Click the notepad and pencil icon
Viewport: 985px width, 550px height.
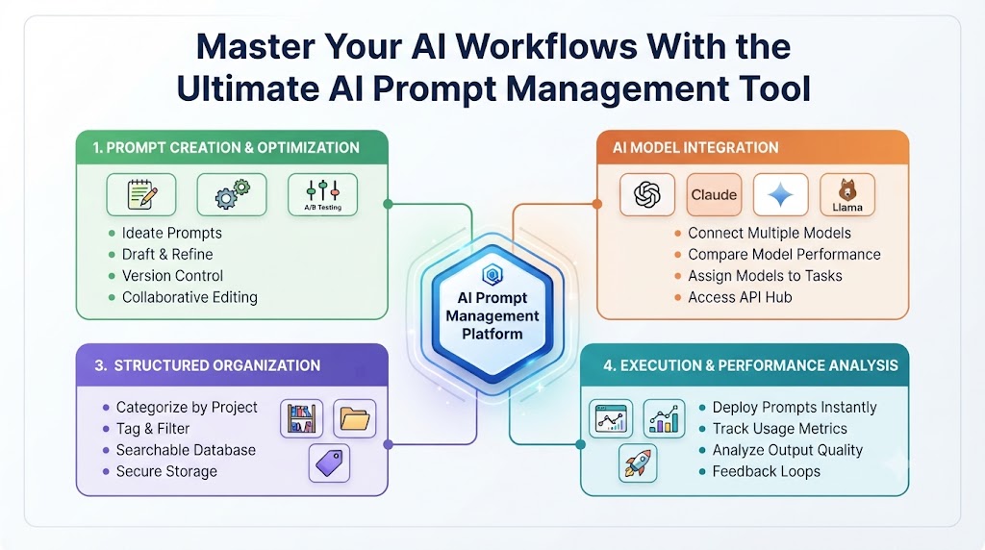coord(141,194)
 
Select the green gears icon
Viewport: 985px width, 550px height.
coord(232,194)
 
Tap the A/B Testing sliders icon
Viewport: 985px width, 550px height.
coord(323,194)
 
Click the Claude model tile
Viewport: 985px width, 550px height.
coord(714,194)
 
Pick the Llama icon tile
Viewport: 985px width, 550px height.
coord(847,194)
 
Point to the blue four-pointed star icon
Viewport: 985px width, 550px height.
coord(781,194)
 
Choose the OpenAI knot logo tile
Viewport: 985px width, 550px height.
coord(647,194)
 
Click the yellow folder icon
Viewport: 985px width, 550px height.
coord(354,418)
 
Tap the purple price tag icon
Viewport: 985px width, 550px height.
coord(329,463)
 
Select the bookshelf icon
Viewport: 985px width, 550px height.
coord(301,418)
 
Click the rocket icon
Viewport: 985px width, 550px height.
coord(638,463)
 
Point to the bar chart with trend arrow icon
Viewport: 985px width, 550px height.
coord(665,418)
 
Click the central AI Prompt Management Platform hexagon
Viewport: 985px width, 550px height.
coord(492,313)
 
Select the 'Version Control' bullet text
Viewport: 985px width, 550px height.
coord(173,276)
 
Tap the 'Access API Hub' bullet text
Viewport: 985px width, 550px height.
coord(740,297)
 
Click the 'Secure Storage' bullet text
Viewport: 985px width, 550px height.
coord(166,471)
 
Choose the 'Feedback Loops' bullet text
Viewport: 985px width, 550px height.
coord(767,471)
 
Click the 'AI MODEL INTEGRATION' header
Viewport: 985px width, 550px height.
coord(695,147)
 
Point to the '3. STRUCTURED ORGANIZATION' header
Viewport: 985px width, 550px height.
coord(208,365)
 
